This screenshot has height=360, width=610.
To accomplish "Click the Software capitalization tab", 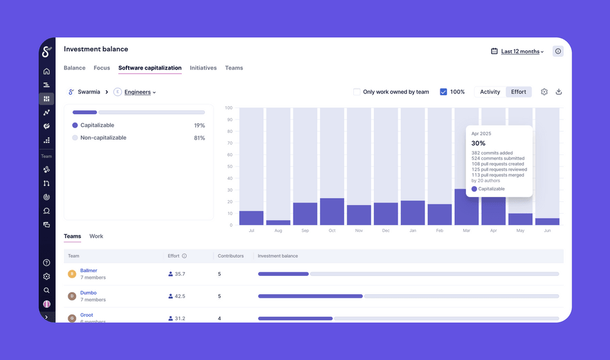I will coord(149,68).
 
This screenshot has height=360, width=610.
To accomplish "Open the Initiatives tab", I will coord(203,68).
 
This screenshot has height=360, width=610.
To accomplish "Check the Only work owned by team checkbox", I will coord(357,92).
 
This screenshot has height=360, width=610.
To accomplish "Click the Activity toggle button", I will coord(490,92).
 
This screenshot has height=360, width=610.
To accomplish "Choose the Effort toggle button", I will coord(518,92).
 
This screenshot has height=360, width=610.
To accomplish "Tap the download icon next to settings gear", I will coord(559,92).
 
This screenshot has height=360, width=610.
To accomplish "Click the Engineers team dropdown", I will coord(140,92).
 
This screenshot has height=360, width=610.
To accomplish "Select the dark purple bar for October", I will coord(332,212).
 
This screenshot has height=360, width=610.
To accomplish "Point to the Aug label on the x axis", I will coord(278,231).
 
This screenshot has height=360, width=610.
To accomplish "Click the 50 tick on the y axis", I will coord(229,167).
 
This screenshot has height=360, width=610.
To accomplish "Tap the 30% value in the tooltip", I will coord(478,143).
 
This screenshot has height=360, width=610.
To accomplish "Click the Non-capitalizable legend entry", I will coord(103,138).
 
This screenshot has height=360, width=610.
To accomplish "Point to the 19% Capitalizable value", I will coord(199,125).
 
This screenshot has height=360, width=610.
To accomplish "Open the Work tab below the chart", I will coord(96,236).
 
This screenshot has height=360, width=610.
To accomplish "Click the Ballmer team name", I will coord(88,270).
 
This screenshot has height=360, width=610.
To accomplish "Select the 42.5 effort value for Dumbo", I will coord(179,296).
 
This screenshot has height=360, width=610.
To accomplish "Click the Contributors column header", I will coord(231,256).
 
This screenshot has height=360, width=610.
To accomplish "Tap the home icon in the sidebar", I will coord(46,71).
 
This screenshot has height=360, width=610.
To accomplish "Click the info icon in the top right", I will coord(558,51).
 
